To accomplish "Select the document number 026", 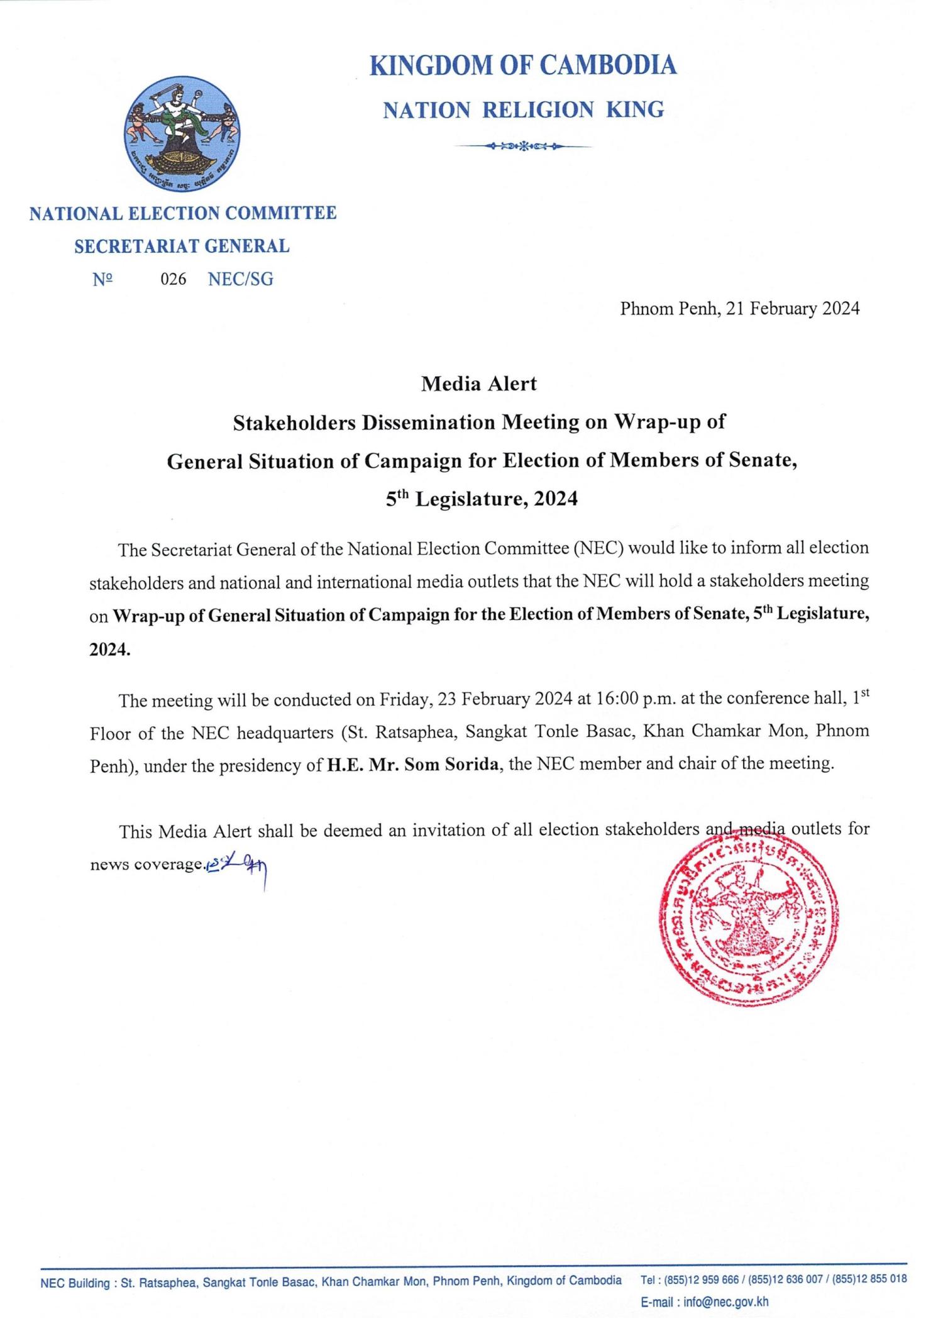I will (x=174, y=280).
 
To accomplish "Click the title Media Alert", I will (x=478, y=384).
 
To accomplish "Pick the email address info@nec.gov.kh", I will (x=726, y=1302).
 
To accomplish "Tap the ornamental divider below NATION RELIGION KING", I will (x=523, y=147).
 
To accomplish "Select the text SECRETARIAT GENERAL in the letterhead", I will (x=182, y=246).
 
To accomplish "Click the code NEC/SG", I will (x=241, y=280).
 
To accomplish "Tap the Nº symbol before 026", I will (x=102, y=280).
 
